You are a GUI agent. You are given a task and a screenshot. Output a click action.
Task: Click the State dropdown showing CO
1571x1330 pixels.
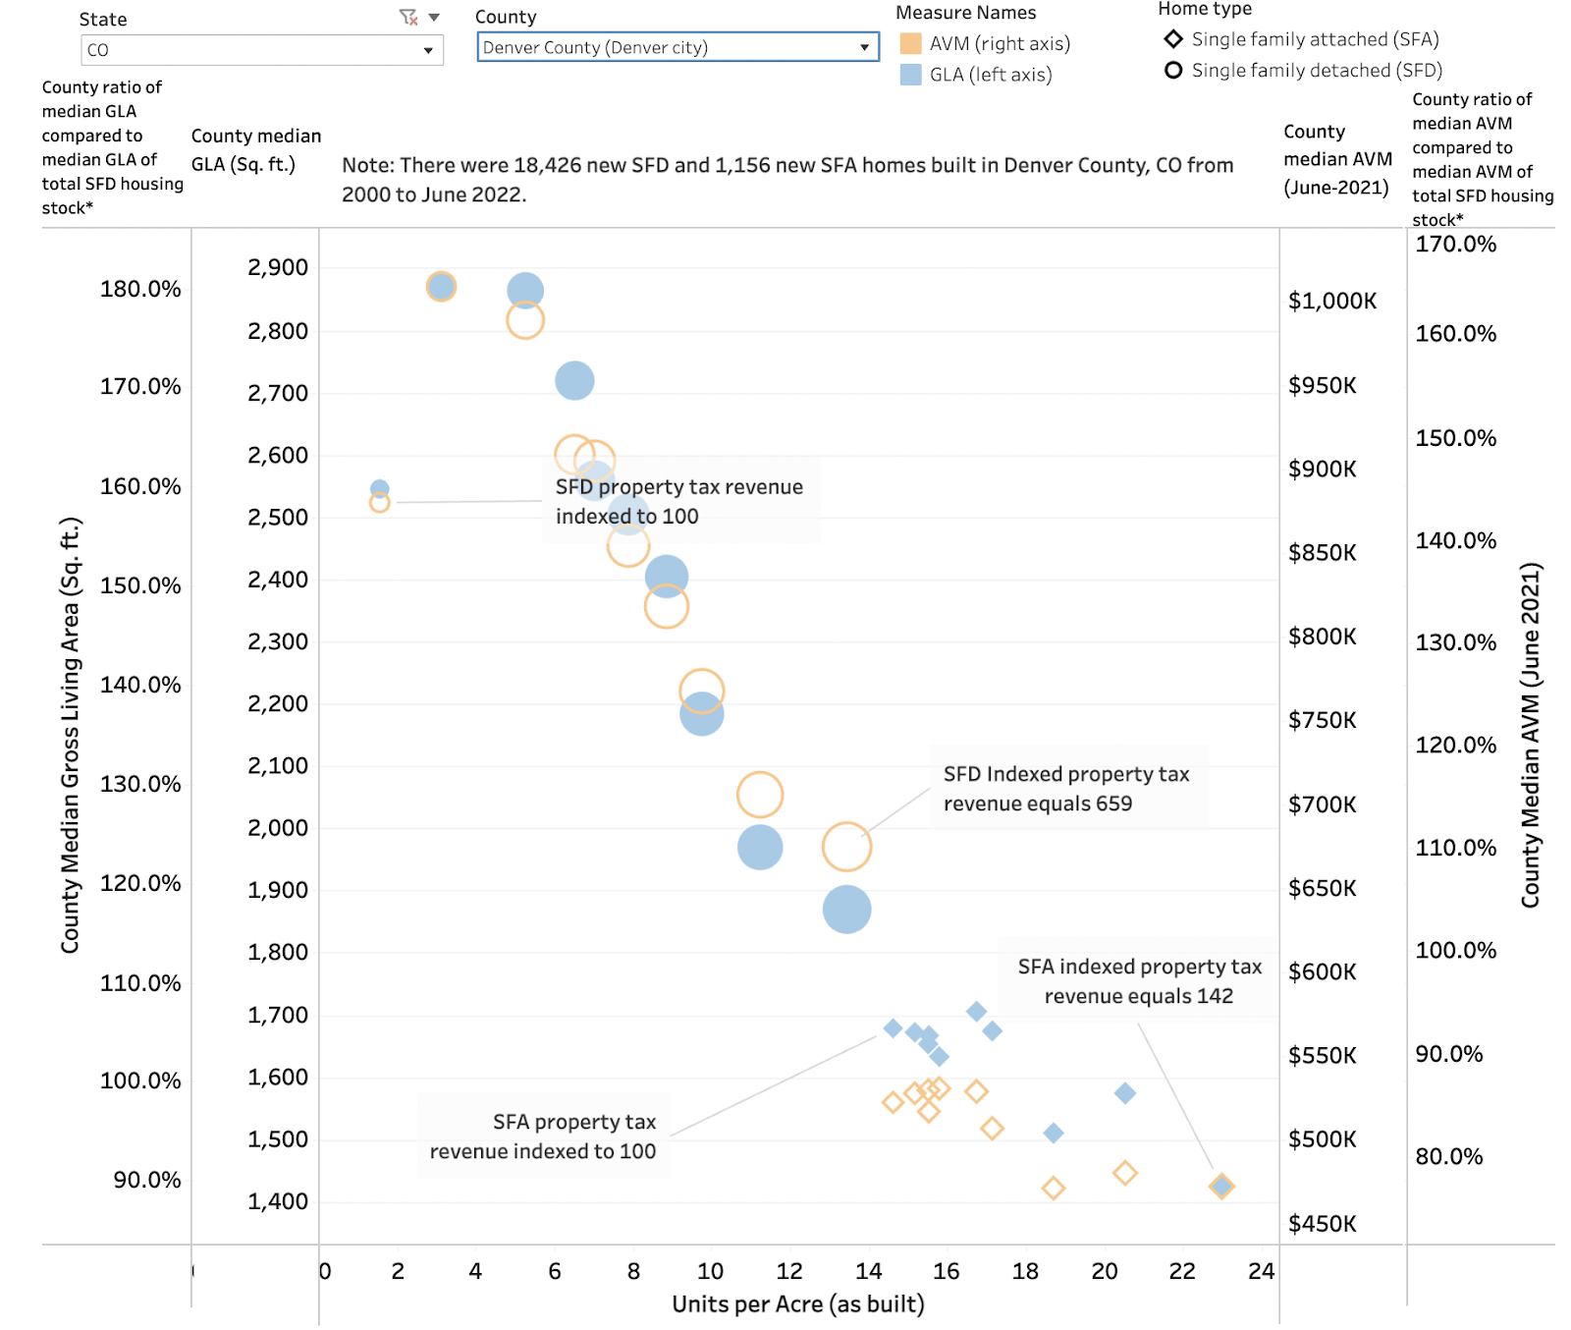click(x=261, y=50)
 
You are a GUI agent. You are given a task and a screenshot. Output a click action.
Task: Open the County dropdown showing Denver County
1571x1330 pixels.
click(x=677, y=47)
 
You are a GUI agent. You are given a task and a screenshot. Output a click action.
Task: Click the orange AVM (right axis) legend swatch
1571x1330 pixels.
click(x=910, y=44)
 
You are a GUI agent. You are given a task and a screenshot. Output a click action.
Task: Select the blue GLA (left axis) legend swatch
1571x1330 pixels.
click(x=910, y=75)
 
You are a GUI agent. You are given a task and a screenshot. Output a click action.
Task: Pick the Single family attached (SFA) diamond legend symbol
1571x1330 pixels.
click(x=1172, y=39)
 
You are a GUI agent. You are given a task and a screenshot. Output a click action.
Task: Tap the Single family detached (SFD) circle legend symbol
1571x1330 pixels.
click(x=1172, y=70)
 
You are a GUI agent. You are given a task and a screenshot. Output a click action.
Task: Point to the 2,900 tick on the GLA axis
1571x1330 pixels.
click(x=278, y=267)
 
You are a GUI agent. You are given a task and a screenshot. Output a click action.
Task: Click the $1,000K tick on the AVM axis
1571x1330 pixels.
click(x=1331, y=301)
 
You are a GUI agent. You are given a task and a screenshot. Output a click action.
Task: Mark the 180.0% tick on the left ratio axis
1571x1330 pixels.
click(x=140, y=289)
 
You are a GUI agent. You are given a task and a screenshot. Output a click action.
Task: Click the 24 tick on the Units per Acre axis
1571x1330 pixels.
click(x=1260, y=1271)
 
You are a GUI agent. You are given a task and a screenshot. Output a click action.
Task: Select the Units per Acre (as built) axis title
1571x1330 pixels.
click(x=797, y=1303)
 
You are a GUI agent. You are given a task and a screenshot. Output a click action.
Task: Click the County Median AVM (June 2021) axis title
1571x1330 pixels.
click(x=1530, y=734)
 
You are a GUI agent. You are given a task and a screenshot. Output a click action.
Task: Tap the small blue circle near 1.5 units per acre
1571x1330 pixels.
click(x=379, y=488)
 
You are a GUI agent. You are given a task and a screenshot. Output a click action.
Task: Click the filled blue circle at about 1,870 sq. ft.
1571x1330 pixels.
click(x=846, y=910)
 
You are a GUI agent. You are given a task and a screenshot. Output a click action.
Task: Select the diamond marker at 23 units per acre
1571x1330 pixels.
click(x=1220, y=1187)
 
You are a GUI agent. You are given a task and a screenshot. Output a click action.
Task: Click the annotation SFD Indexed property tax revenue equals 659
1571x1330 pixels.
click(x=1066, y=789)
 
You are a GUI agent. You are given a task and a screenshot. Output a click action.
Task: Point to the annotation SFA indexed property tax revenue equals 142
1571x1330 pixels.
click(x=1139, y=981)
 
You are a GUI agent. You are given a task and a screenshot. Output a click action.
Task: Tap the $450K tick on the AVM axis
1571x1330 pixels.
click(x=1322, y=1224)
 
